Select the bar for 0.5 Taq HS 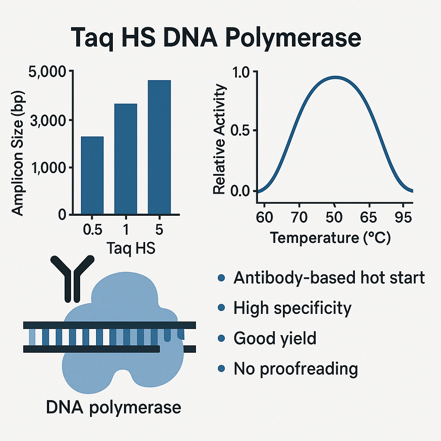tap(92, 175)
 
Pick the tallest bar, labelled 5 tap(159, 147)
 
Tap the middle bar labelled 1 tap(126, 159)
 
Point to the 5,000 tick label tap(47, 72)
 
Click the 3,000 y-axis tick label tap(48, 121)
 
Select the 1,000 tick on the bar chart tap(48, 168)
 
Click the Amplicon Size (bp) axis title tap(17, 154)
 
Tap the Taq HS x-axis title tap(131, 248)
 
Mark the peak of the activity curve tap(335, 78)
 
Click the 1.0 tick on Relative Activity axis tap(241, 72)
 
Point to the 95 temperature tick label tap(403, 217)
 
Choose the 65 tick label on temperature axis tap(369, 217)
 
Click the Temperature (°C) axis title tap(330, 238)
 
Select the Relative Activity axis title tap(219, 139)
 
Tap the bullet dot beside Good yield tap(221, 338)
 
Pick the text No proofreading tap(295, 369)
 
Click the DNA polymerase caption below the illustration tap(113, 407)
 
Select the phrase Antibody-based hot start tap(329, 278)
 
